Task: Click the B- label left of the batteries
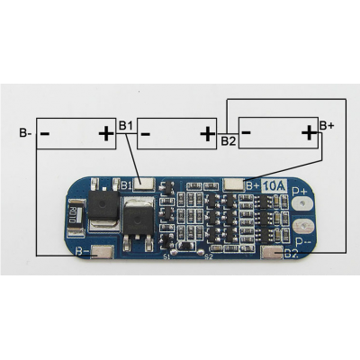click(23, 135)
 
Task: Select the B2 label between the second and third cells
click(228, 140)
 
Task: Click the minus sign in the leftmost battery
click(45, 135)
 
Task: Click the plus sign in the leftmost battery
click(105, 135)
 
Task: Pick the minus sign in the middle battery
click(147, 135)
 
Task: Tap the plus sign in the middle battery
click(207, 135)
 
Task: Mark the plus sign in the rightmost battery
click(309, 132)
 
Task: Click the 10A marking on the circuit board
click(274, 186)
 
